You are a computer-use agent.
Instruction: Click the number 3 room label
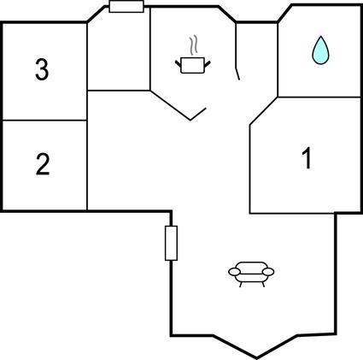[42, 69]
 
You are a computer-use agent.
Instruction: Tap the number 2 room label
[43, 164]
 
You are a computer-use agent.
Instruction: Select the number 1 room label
[307, 159]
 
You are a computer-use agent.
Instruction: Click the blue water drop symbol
[320, 50]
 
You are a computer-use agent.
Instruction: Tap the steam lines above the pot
[193, 45]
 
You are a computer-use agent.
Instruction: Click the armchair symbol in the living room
[251, 274]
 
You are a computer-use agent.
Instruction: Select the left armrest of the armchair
[235, 272]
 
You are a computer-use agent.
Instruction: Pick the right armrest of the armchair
[268, 272]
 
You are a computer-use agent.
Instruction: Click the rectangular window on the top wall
[126, 7]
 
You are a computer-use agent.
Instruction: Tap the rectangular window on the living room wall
[171, 243]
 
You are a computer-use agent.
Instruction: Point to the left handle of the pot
[178, 63]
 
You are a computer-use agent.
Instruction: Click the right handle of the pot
[208, 64]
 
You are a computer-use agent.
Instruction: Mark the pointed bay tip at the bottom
[256, 357]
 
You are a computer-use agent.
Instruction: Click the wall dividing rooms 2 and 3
[44, 121]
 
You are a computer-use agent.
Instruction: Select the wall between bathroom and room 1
[319, 97]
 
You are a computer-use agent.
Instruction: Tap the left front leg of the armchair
[241, 285]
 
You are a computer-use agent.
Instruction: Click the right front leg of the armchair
[263, 285]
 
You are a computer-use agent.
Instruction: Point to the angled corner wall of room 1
[264, 111]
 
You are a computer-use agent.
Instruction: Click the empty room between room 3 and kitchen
[119, 53]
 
